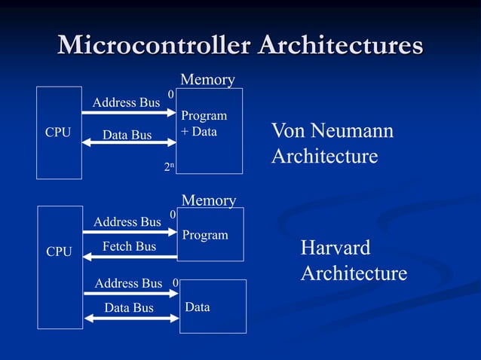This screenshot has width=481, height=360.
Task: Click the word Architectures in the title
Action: (x=340, y=44)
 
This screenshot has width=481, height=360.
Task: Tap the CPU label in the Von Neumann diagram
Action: (x=58, y=133)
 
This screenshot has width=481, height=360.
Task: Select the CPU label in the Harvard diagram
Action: (x=59, y=252)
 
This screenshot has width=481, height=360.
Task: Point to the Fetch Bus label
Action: (x=129, y=246)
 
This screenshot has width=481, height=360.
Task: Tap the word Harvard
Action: (x=335, y=248)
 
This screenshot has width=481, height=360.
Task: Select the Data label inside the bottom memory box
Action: (x=198, y=307)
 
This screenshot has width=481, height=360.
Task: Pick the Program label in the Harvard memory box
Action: (x=204, y=235)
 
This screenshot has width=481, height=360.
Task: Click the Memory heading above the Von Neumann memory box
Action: (x=207, y=79)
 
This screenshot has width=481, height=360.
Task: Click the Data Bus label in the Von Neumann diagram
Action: (x=127, y=135)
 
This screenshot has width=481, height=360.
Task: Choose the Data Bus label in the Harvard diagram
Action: (x=128, y=307)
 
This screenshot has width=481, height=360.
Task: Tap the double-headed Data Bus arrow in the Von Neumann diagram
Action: (x=129, y=145)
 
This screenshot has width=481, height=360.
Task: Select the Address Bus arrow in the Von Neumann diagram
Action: (x=128, y=113)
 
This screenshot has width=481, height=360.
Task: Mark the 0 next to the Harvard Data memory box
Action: (x=175, y=283)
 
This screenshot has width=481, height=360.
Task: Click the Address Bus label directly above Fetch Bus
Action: (x=127, y=221)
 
